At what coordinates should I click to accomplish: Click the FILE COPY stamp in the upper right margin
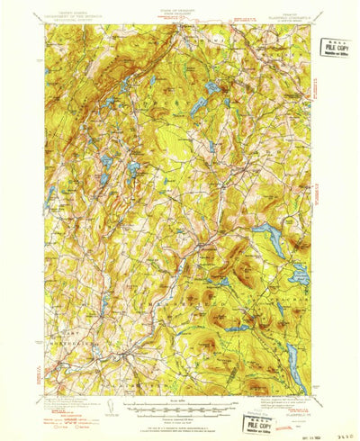point(335,48)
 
